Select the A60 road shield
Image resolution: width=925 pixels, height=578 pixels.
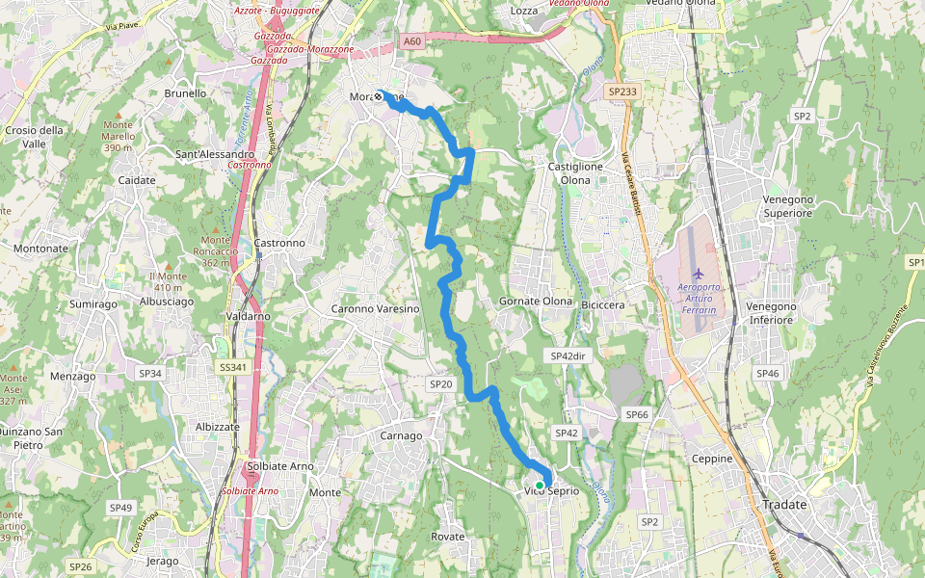coord(411,41)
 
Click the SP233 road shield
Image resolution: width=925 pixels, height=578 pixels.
coord(622,92)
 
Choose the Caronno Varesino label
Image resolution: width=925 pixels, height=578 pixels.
coord(376,309)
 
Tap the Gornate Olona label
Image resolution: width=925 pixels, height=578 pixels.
coord(536,302)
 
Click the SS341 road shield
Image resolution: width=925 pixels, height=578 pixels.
coord(232,367)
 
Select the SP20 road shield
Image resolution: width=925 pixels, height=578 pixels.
coord(440,384)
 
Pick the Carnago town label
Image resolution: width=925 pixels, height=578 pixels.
coord(401,435)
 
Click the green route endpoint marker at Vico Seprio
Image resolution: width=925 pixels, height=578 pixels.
coord(539,486)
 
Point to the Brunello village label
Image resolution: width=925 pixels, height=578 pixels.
coord(186,93)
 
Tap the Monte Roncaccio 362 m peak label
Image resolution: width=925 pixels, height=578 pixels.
coord(216,250)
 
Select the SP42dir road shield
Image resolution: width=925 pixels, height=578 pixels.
coord(568,355)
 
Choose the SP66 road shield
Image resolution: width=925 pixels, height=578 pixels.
coord(636,414)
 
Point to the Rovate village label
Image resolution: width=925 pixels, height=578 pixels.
coord(448,537)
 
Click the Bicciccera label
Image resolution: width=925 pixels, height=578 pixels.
coord(604,304)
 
